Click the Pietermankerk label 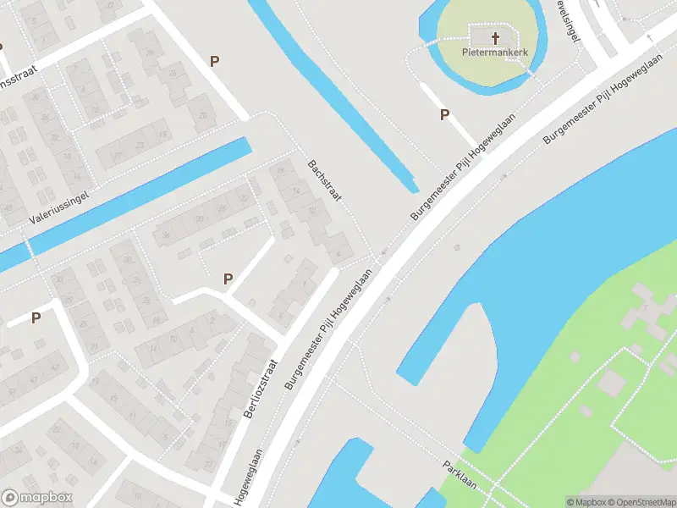click(x=494, y=52)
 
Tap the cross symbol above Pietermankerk click(x=495, y=37)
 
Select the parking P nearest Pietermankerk click(x=444, y=115)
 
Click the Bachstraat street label click(x=323, y=179)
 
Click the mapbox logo click(x=37, y=498)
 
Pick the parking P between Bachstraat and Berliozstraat click(x=228, y=279)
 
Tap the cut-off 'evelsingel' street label click(x=570, y=19)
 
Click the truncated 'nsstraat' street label click(x=21, y=78)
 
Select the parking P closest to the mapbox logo click(x=36, y=318)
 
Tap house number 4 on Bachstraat click(x=339, y=251)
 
